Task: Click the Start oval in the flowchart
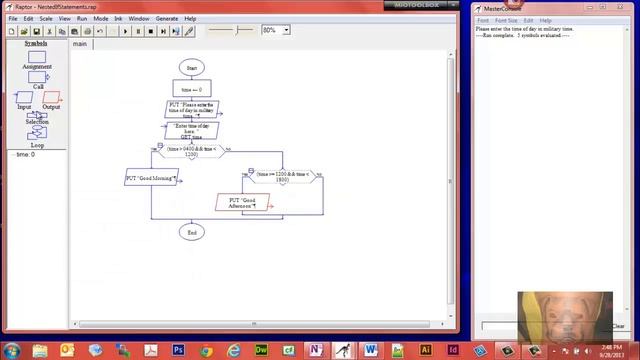point(191,68)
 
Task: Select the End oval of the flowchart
point(191,232)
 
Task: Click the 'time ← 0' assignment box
point(191,89)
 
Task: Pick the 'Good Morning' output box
point(151,179)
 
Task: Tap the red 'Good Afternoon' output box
point(243,202)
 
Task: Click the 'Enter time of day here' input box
point(191,131)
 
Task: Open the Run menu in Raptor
point(82,18)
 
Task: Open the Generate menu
point(167,18)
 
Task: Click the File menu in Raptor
point(13,18)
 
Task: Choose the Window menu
point(139,18)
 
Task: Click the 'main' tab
point(79,44)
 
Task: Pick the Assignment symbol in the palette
point(37,57)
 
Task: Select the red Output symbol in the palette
point(52,97)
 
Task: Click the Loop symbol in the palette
point(37,133)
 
